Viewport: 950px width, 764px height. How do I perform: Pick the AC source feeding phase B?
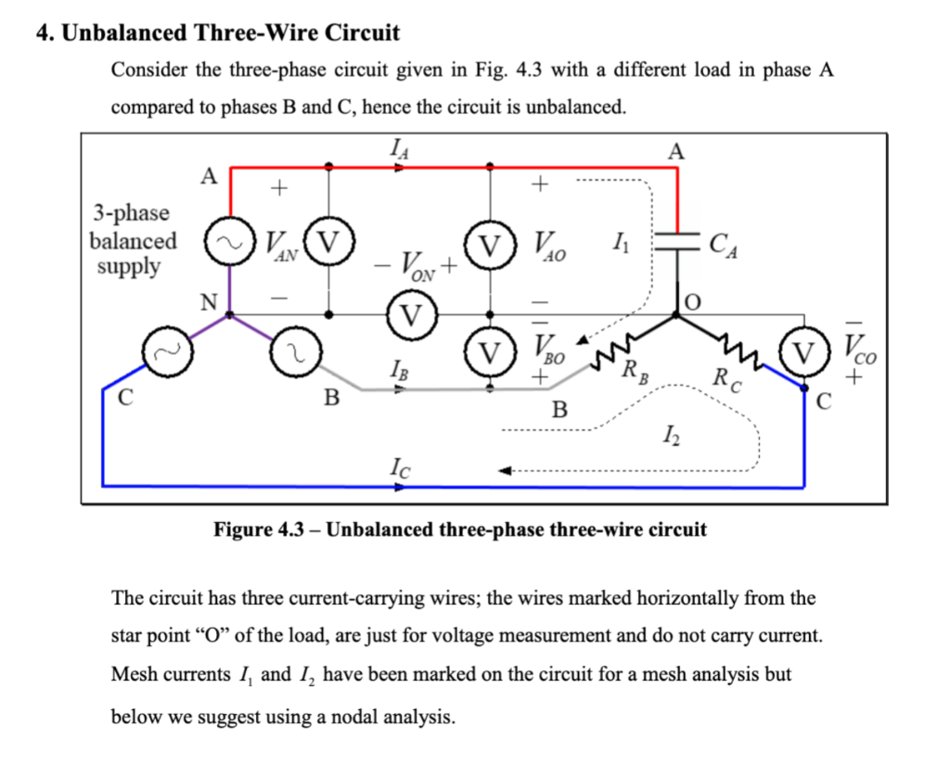pos(294,351)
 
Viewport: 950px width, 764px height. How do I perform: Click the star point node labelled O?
pos(676,315)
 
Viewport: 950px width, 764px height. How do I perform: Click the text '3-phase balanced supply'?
pos(132,240)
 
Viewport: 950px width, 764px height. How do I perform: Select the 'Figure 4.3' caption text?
pos(460,530)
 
